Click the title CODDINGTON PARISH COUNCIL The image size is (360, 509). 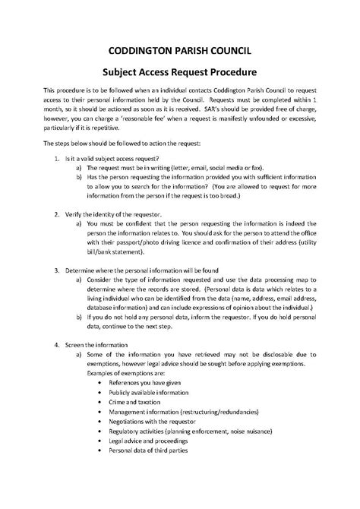pos(180,51)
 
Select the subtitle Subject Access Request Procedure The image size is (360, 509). pos(180,71)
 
